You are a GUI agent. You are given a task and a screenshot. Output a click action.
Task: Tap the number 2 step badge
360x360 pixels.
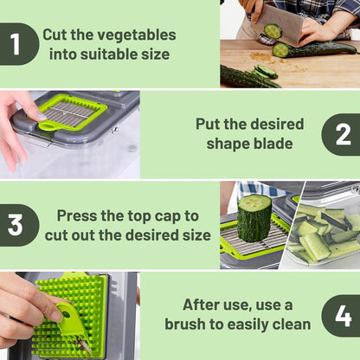(343, 134)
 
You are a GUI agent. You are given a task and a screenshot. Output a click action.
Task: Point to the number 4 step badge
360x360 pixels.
(343, 315)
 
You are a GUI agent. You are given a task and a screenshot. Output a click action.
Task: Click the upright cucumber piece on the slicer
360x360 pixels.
(254, 218)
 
